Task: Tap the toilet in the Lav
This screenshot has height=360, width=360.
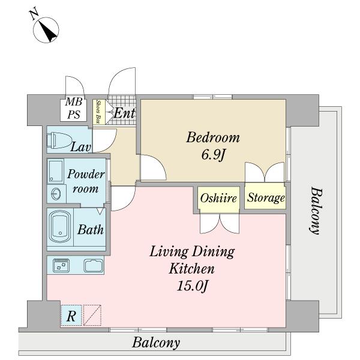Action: point(59,140)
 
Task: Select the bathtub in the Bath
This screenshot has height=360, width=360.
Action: point(60,227)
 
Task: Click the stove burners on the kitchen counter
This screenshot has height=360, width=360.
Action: point(61,266)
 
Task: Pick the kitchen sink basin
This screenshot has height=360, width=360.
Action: point(94,266)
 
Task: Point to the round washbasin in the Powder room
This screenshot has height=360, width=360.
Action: point(56,194)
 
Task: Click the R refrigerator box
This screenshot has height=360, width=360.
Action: point(71,315)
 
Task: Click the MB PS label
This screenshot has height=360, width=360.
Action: point(73,108)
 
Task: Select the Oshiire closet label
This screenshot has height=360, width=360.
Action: point(218,198)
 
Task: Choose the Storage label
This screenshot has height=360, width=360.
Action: point(266,198)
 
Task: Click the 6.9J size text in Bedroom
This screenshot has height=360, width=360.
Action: point(213,155)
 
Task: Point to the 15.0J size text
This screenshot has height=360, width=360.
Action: point(193,286)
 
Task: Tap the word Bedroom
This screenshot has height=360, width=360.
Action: point(213,137)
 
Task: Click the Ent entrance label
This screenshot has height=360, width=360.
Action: point(124,113)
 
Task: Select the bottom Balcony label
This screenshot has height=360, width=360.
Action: point(156,343)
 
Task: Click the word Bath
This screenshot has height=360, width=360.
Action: point(91,230)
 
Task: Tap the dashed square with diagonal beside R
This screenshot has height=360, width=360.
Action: point(92,315)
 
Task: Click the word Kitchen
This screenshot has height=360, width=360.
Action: point(192,268)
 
